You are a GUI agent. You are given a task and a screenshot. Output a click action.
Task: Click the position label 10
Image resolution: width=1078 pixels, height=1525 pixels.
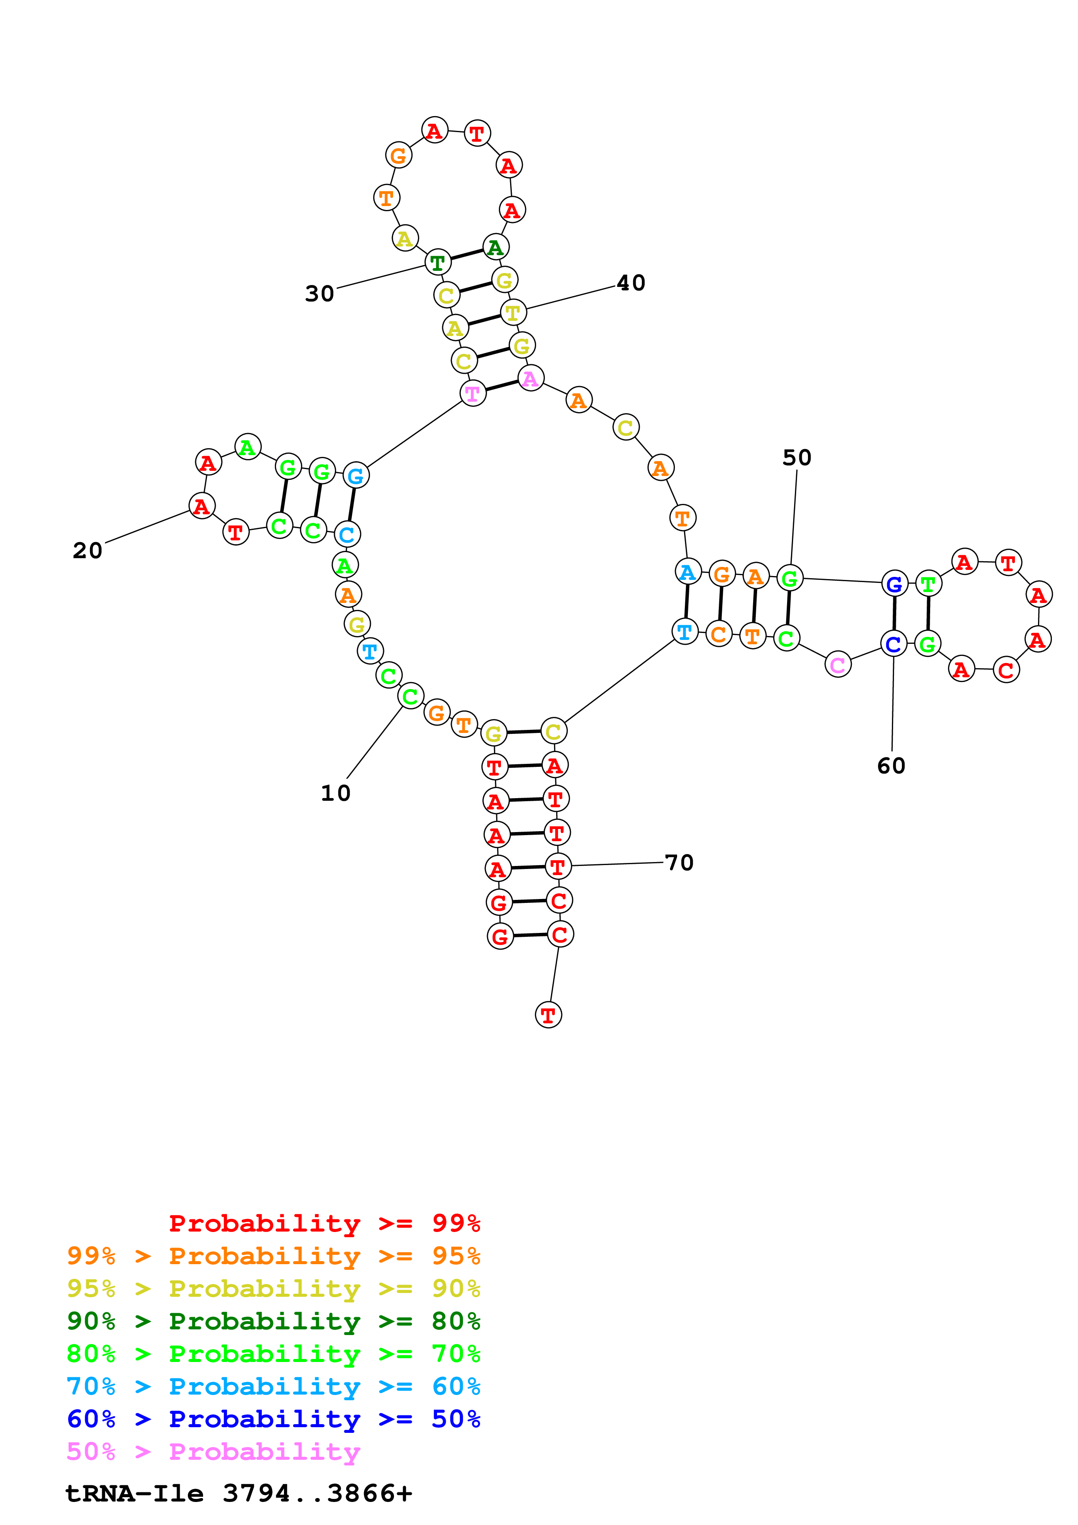[x=335, y=792]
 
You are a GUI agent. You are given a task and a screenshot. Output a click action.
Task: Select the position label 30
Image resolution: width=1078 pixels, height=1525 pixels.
[x=320, y=293]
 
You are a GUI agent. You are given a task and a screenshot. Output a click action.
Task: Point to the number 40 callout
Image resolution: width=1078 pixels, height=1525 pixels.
[x=631, y=283]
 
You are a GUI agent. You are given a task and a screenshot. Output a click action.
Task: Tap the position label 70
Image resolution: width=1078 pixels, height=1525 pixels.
[x=679, y=863]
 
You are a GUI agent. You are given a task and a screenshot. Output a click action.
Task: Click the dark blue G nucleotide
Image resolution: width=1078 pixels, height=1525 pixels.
[x=894, y=585]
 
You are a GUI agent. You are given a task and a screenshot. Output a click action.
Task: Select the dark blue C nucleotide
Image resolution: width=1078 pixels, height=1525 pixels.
[x=893, y=644]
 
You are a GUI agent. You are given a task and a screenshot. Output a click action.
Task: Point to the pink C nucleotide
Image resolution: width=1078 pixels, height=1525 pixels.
[x=838, y=664]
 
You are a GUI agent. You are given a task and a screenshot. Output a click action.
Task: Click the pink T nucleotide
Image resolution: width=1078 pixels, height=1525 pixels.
[x=472, y=393]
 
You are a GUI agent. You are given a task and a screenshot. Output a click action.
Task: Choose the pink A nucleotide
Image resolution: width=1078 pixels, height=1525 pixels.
[x=530, y=379]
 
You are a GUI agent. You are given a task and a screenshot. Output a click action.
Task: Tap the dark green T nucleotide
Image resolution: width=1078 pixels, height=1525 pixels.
[x=437, y=263]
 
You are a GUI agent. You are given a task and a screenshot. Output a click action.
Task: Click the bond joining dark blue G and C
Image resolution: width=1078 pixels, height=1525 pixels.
[x=894, y=614]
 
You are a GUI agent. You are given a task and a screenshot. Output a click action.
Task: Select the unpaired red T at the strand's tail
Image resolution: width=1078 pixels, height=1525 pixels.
[x=548, y=1015]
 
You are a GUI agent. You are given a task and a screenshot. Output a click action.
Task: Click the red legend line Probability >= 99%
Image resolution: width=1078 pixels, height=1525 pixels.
[x=324, y=1223]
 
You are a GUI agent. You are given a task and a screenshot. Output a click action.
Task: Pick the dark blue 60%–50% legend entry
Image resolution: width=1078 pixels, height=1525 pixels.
[x=273, y=1419]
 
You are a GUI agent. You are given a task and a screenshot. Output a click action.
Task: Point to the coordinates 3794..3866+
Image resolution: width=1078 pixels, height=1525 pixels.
[x=317, y=1494]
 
